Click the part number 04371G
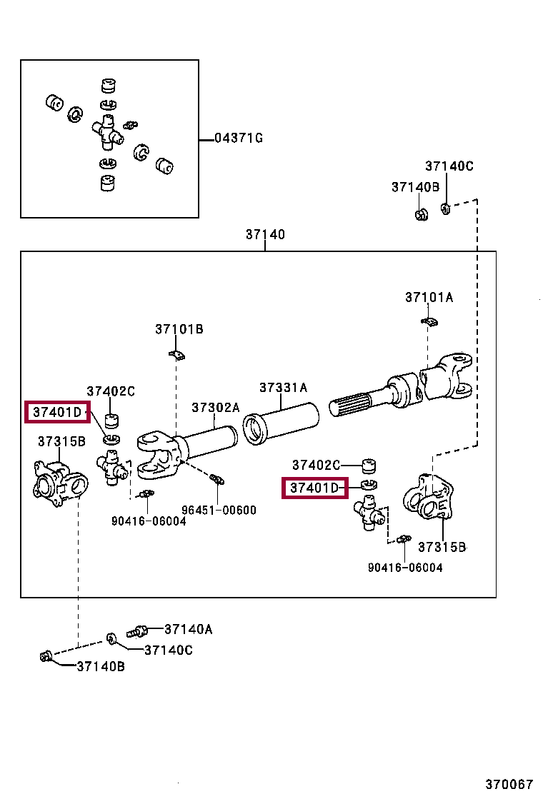click(239, 138)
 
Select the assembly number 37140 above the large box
click(265, 234)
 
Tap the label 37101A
click(429, 297)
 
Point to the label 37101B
click(179, 329)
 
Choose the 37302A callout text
click(215, 408)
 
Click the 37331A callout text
click(283, 388)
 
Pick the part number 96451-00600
click(219, 511)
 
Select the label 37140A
click(189, 629)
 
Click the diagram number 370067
click(510, 783)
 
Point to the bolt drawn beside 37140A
click(137, 631)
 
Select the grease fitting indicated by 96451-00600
click(217, 479)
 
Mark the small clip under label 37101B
click(176, 354)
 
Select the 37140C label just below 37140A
click(169, 650)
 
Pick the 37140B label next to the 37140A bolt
click(101, 666)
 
